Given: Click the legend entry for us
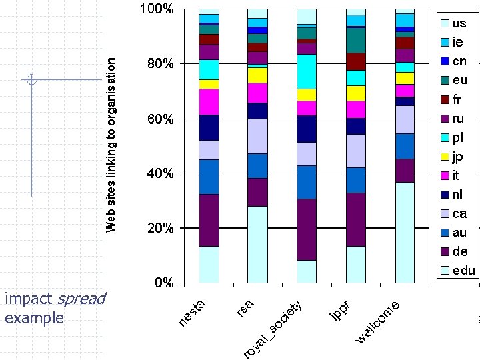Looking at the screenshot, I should tap(459, 23).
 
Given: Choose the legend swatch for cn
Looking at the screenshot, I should tap(445, 61).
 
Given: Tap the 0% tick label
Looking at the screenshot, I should tap(163, 283).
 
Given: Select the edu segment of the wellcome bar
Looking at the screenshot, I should tap(405, 232).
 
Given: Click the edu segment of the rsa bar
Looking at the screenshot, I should tap(257, 244).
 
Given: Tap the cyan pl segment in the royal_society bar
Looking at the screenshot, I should tap(307, 71).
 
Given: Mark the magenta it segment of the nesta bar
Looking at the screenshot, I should tap(209, 102).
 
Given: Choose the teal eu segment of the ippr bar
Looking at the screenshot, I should tap(355, 40).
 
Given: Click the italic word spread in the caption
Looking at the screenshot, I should tap(82, 299).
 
